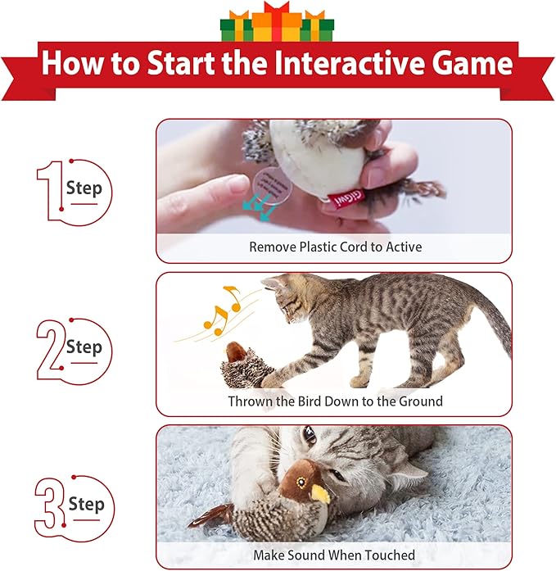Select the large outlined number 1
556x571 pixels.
48,191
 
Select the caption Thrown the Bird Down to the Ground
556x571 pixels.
335,401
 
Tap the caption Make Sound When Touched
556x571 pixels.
334,555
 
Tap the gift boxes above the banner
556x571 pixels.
278,22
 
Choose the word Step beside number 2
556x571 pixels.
84,347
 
